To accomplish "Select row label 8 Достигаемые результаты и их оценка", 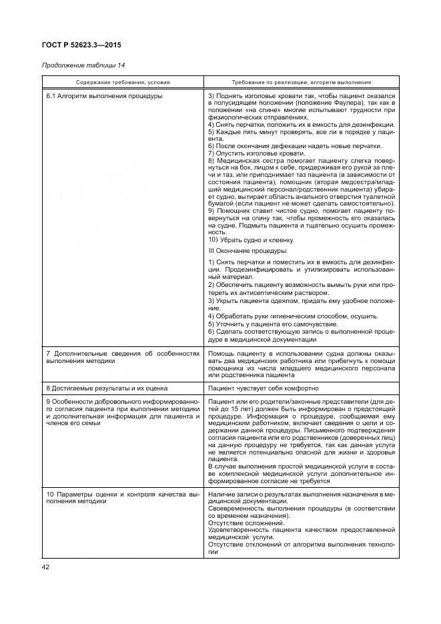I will tap(106, 388).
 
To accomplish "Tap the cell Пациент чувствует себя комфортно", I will tap(263, 388).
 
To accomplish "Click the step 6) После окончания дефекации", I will tap(294, 146).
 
